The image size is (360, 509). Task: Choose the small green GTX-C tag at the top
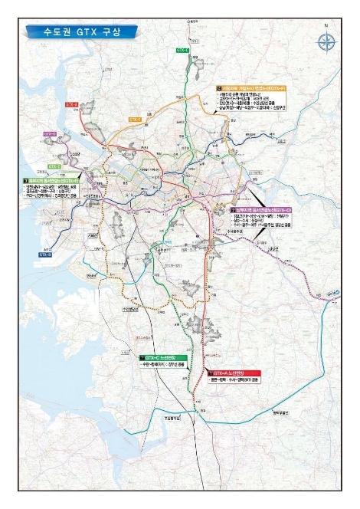coord(182,48)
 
